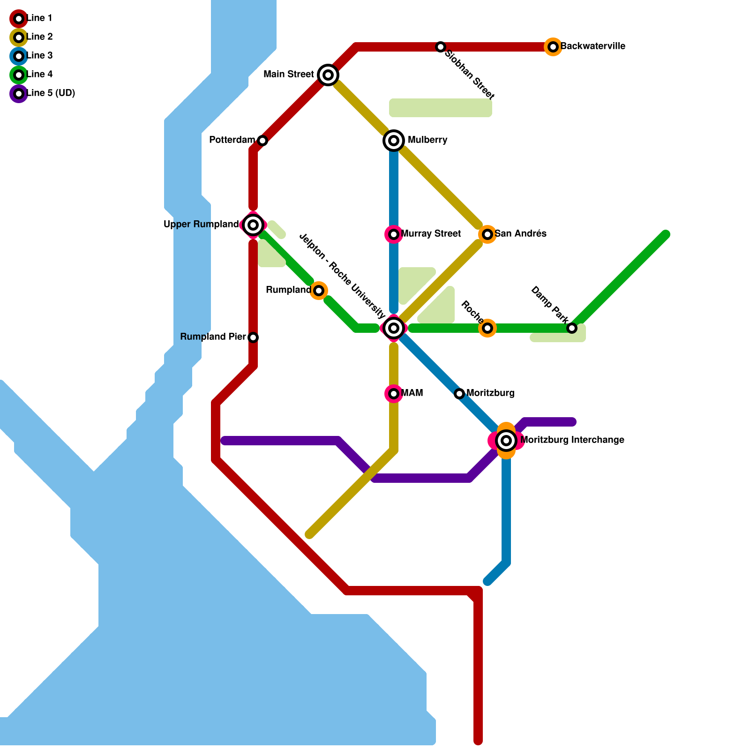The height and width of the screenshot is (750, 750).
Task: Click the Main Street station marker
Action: (328, 75)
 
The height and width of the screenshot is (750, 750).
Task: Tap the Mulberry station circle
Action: (394, 141)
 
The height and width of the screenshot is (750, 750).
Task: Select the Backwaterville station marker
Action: (553, 47)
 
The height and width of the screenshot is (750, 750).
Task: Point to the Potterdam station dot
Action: (262, 141)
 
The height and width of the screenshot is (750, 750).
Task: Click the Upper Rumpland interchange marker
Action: (253, 225)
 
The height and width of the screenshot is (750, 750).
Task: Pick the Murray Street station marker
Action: (394, 234)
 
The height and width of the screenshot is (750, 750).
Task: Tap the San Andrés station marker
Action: (487, 234)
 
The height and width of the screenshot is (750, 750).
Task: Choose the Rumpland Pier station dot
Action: (253, 337)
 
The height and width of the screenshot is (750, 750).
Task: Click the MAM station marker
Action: (394, 394)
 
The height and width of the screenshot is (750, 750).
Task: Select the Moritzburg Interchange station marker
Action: (506, 441)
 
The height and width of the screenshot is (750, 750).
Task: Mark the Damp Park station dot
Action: (572, 328)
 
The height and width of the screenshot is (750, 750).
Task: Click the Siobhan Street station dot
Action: (441, 47)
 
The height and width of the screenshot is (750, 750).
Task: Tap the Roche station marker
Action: (487, 328)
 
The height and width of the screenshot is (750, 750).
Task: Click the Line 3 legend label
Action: (40, 56)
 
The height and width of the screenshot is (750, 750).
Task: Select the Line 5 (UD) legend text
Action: (51, 93)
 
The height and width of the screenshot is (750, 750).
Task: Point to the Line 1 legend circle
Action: (19, 19)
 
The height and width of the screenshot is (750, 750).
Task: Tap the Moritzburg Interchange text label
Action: (572, 440)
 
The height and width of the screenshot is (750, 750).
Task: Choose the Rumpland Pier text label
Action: (213, 337)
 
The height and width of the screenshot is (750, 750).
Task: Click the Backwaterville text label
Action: (593, 46)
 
